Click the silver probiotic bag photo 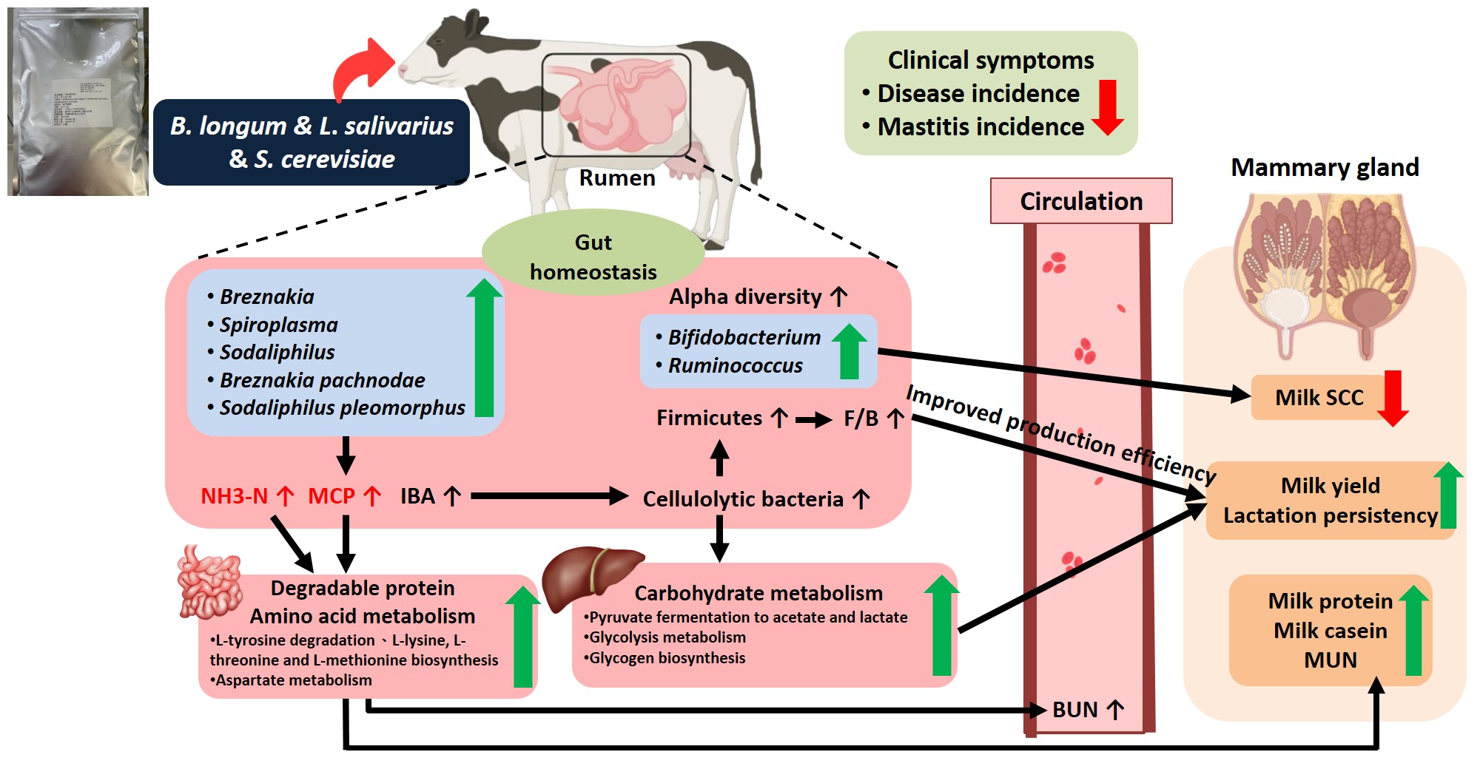coord(78,101)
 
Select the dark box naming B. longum coord(311,142)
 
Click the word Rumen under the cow coord(617,178)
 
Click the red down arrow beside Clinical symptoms coord(1107,108)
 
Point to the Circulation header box coord(1081,201)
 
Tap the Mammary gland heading coord(1325,168)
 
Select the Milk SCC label coord(1319,398)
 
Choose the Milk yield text coord(1330,486)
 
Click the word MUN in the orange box coord(1330,660)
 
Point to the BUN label coord(1075,710)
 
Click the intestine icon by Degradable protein coord(209,582)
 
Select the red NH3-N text coord(234,496)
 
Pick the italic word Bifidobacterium coord(744,338)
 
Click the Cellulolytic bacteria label coord(743,500)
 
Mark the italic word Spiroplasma coord(278,325)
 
